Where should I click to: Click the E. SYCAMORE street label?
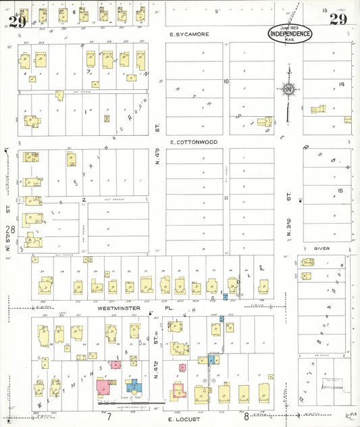click(x=189, y=34)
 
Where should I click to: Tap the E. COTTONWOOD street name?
click(x=193, y=143)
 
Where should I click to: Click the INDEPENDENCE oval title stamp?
click(x=290, y=34)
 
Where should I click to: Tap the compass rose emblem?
click(x=289, y=89)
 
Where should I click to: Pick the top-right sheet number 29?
click(x=338, y=19)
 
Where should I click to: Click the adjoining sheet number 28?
click(x=10, y=230)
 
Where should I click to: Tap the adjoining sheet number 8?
click(x=247, y=417)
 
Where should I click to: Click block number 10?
click(x=226, y=82)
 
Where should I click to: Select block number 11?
click(x=226, y=198)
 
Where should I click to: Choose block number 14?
click(x=341, y=84)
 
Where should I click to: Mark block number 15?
click(x=340, y=191)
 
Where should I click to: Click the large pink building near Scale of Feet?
click(x=104, y=387)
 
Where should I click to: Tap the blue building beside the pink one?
click(x=133, y=386)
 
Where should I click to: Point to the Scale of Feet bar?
click(x=132, y=403)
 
